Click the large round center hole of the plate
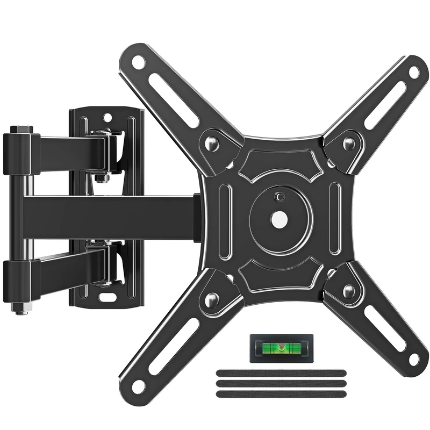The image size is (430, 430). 279,219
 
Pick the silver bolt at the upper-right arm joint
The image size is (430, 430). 349,143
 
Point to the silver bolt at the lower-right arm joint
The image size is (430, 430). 349,292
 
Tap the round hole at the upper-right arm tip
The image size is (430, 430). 414,71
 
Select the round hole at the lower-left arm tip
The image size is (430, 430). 138,385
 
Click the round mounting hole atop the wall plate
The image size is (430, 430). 107,117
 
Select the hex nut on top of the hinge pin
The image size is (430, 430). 21,130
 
